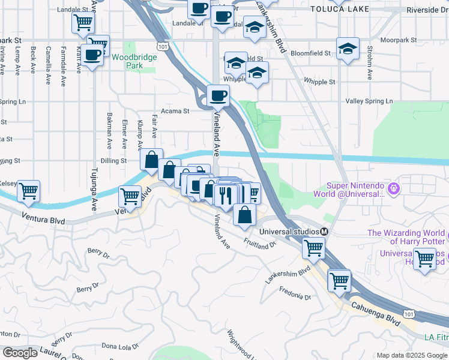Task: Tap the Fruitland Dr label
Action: click(x=259, y=243)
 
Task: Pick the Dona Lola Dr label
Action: click(x=119, y=346)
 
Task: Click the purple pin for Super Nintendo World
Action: click(x=394, y=188)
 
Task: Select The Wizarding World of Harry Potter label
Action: click(x=406, y=237)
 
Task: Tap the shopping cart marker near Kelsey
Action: click(x=28, y=191)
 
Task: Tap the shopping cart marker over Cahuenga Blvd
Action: click(x=339, y=280)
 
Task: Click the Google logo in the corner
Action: click(x=19, y=353)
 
